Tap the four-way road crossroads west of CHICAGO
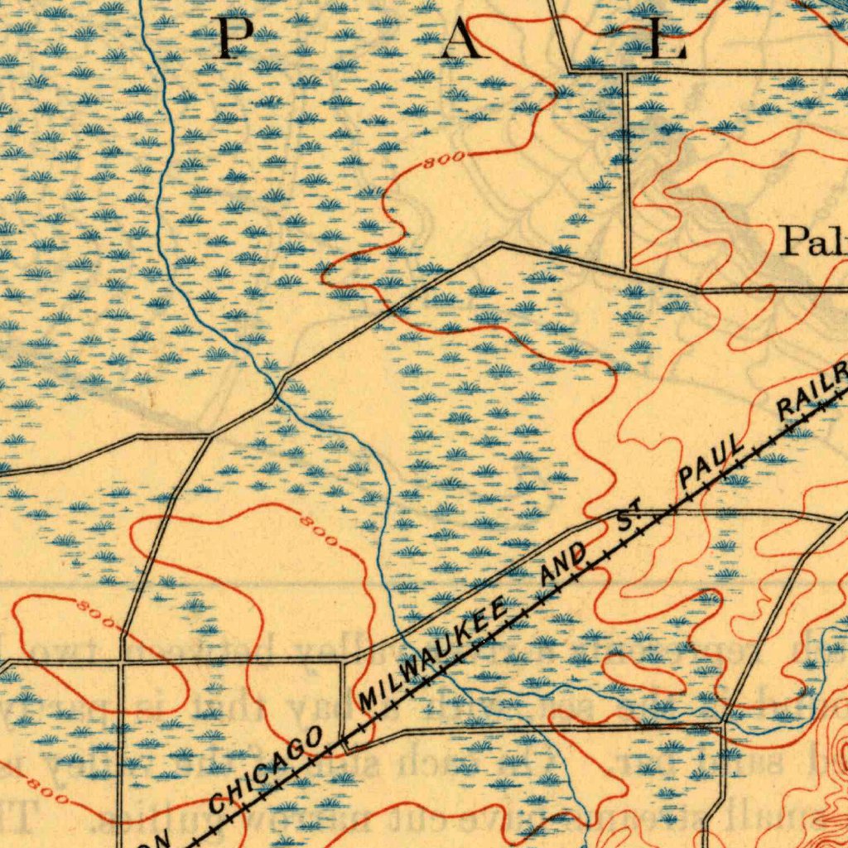122,662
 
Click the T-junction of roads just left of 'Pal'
629,271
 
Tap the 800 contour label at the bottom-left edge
46,790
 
